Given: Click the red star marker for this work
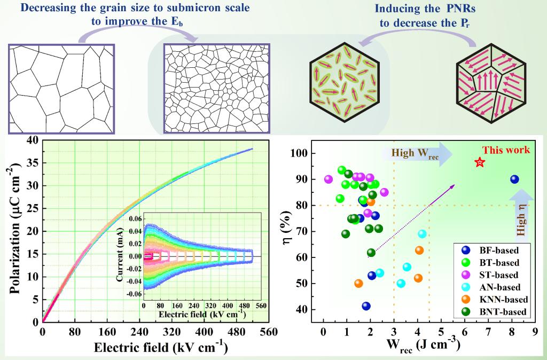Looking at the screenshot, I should (x=480, y=162).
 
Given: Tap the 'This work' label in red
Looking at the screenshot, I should (x=506, y=150).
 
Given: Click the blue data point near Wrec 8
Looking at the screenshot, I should (x=514, y=179).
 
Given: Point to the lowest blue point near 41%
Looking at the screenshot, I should (x=366, y=306).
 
